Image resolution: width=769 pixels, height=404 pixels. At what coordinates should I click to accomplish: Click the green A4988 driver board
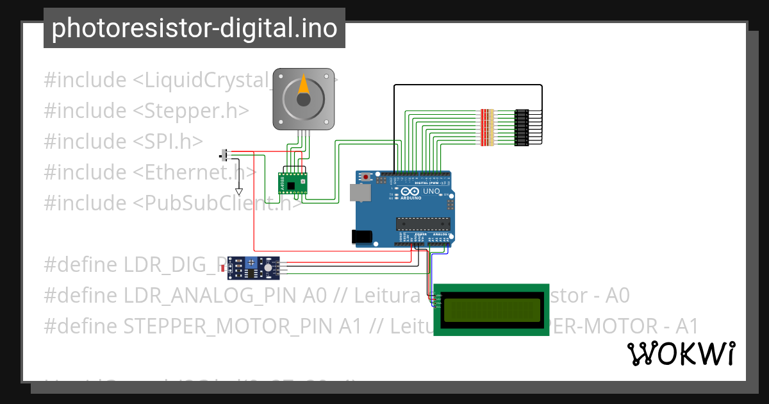(x=292, y=182)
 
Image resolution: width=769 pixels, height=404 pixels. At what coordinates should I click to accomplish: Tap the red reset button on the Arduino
(x=366, y=176)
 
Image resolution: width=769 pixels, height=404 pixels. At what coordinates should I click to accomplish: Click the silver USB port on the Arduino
(x=359, y=192)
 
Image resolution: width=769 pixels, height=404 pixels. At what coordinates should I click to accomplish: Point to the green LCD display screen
(x=492, y=309)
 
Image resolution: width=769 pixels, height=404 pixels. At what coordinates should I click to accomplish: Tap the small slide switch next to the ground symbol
(x=224, y=155)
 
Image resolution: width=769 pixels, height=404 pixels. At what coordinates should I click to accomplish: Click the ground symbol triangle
(x=239, y=191)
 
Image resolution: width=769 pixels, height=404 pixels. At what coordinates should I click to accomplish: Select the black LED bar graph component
(x=522, y=127)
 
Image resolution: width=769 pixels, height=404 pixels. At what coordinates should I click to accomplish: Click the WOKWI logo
(x=681, y=354)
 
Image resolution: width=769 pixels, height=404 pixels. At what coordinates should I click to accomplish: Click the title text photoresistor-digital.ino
(x=194, y=28)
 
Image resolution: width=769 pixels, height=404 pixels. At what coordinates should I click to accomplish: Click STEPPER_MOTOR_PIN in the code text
(x=228, y=326)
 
